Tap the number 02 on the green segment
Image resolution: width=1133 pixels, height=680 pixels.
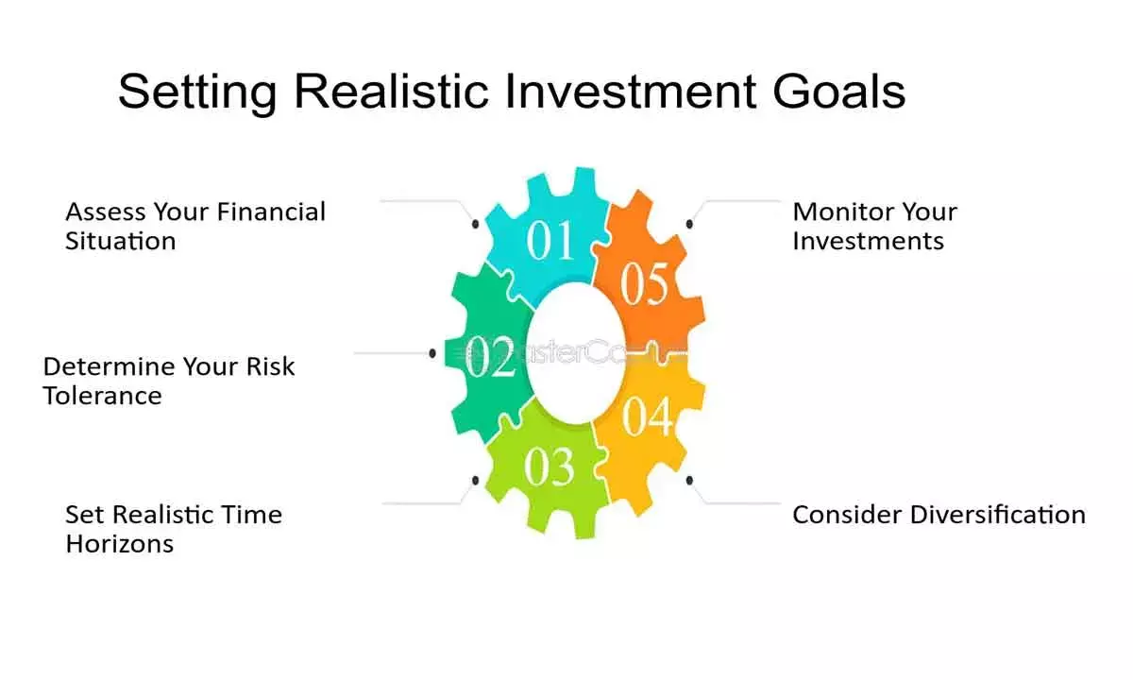[492, 359]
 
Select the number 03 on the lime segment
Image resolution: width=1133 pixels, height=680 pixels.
[549, 467]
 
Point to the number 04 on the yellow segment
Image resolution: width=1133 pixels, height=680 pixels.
[648, 417]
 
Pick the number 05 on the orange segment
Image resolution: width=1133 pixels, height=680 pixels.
[646, 284]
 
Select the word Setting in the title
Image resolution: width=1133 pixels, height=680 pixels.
[198, 92]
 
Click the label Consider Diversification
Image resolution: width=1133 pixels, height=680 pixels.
[939, 515]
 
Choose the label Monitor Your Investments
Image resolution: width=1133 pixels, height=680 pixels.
[873, 226]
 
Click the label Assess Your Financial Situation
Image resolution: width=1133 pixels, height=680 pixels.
[194, 226]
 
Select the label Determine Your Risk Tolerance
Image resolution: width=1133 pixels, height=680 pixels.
[169, 381]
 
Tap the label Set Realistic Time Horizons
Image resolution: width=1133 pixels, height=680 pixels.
[173, 529]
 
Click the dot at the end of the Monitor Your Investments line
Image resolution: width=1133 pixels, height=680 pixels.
[690, 224]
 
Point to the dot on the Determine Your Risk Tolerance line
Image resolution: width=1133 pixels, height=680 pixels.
[432, 353]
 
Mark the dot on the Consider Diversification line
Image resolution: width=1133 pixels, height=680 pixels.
[690, 481]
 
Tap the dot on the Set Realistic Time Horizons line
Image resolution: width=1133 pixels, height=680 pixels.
[475, 481]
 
